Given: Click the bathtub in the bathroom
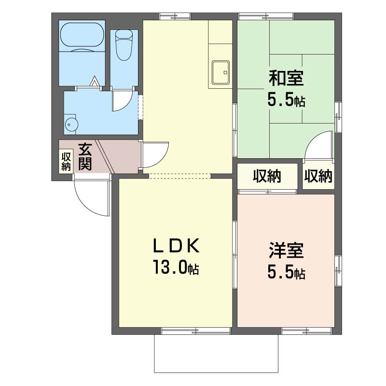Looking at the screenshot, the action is click(x=81, y=37).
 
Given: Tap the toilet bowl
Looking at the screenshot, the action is click(x=124, y=45).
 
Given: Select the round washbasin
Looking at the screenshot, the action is click(x=71, y=124).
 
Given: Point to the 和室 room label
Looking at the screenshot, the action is click(x=286, y=78).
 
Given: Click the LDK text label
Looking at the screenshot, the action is click(x=176, y=246).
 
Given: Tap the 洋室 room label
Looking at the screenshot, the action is click(x=286, y=250).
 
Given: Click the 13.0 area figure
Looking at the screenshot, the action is click(x=170, y=267).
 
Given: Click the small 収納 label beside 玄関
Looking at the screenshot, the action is click(x=66, y=161).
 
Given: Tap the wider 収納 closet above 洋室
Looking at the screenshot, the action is click(x=267, y=176).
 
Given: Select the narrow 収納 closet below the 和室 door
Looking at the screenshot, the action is click(x=318, y=176).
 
